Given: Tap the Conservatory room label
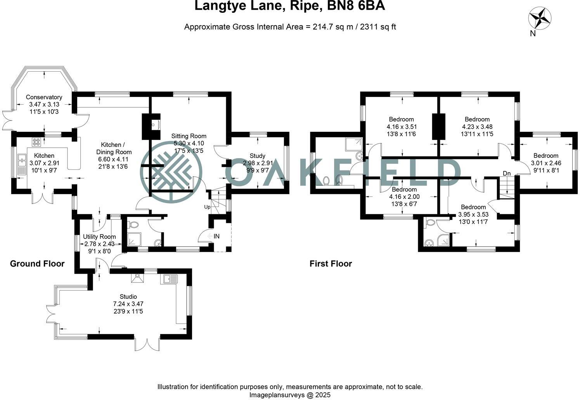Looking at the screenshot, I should pyautogui.click(x=44, y=97).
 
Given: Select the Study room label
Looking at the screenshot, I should pyautogui.click(x=258, y=156).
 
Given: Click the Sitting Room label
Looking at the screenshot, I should pyautogui.click(x=189, y=136).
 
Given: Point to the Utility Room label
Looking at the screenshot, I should pyautogui.click(x=99, y=237).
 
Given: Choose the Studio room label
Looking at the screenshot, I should pyautogui.click(x=128, y=297).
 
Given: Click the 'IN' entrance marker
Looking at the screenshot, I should pyautogui.click(x=216, y=236).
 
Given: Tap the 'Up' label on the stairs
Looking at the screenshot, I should pyautogui.click(x=207, y=207).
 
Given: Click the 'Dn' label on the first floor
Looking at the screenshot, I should pyautogui.click(x=507, y=173).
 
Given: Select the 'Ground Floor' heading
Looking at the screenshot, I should pyautogui.click(x=37, y=264).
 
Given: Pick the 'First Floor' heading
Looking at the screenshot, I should pyautogui.click(x=331, y=264).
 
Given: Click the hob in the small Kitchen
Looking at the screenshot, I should pyautogui.click(x=36, y=142).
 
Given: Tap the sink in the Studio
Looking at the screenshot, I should pyautogui.click(x=171, y=279).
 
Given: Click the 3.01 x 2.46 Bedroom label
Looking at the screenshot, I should pyautogui.click(x=546, y=156).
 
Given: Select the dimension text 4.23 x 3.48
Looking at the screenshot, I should pyautogui.click(x=477, y=127).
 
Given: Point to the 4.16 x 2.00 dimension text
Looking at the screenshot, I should pyautogui.click(x=404, y=197).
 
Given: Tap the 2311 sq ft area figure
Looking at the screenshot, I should pyautogui.click(x=378, y=27).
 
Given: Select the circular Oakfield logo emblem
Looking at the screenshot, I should pyautogui.click(x=171, y=171).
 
